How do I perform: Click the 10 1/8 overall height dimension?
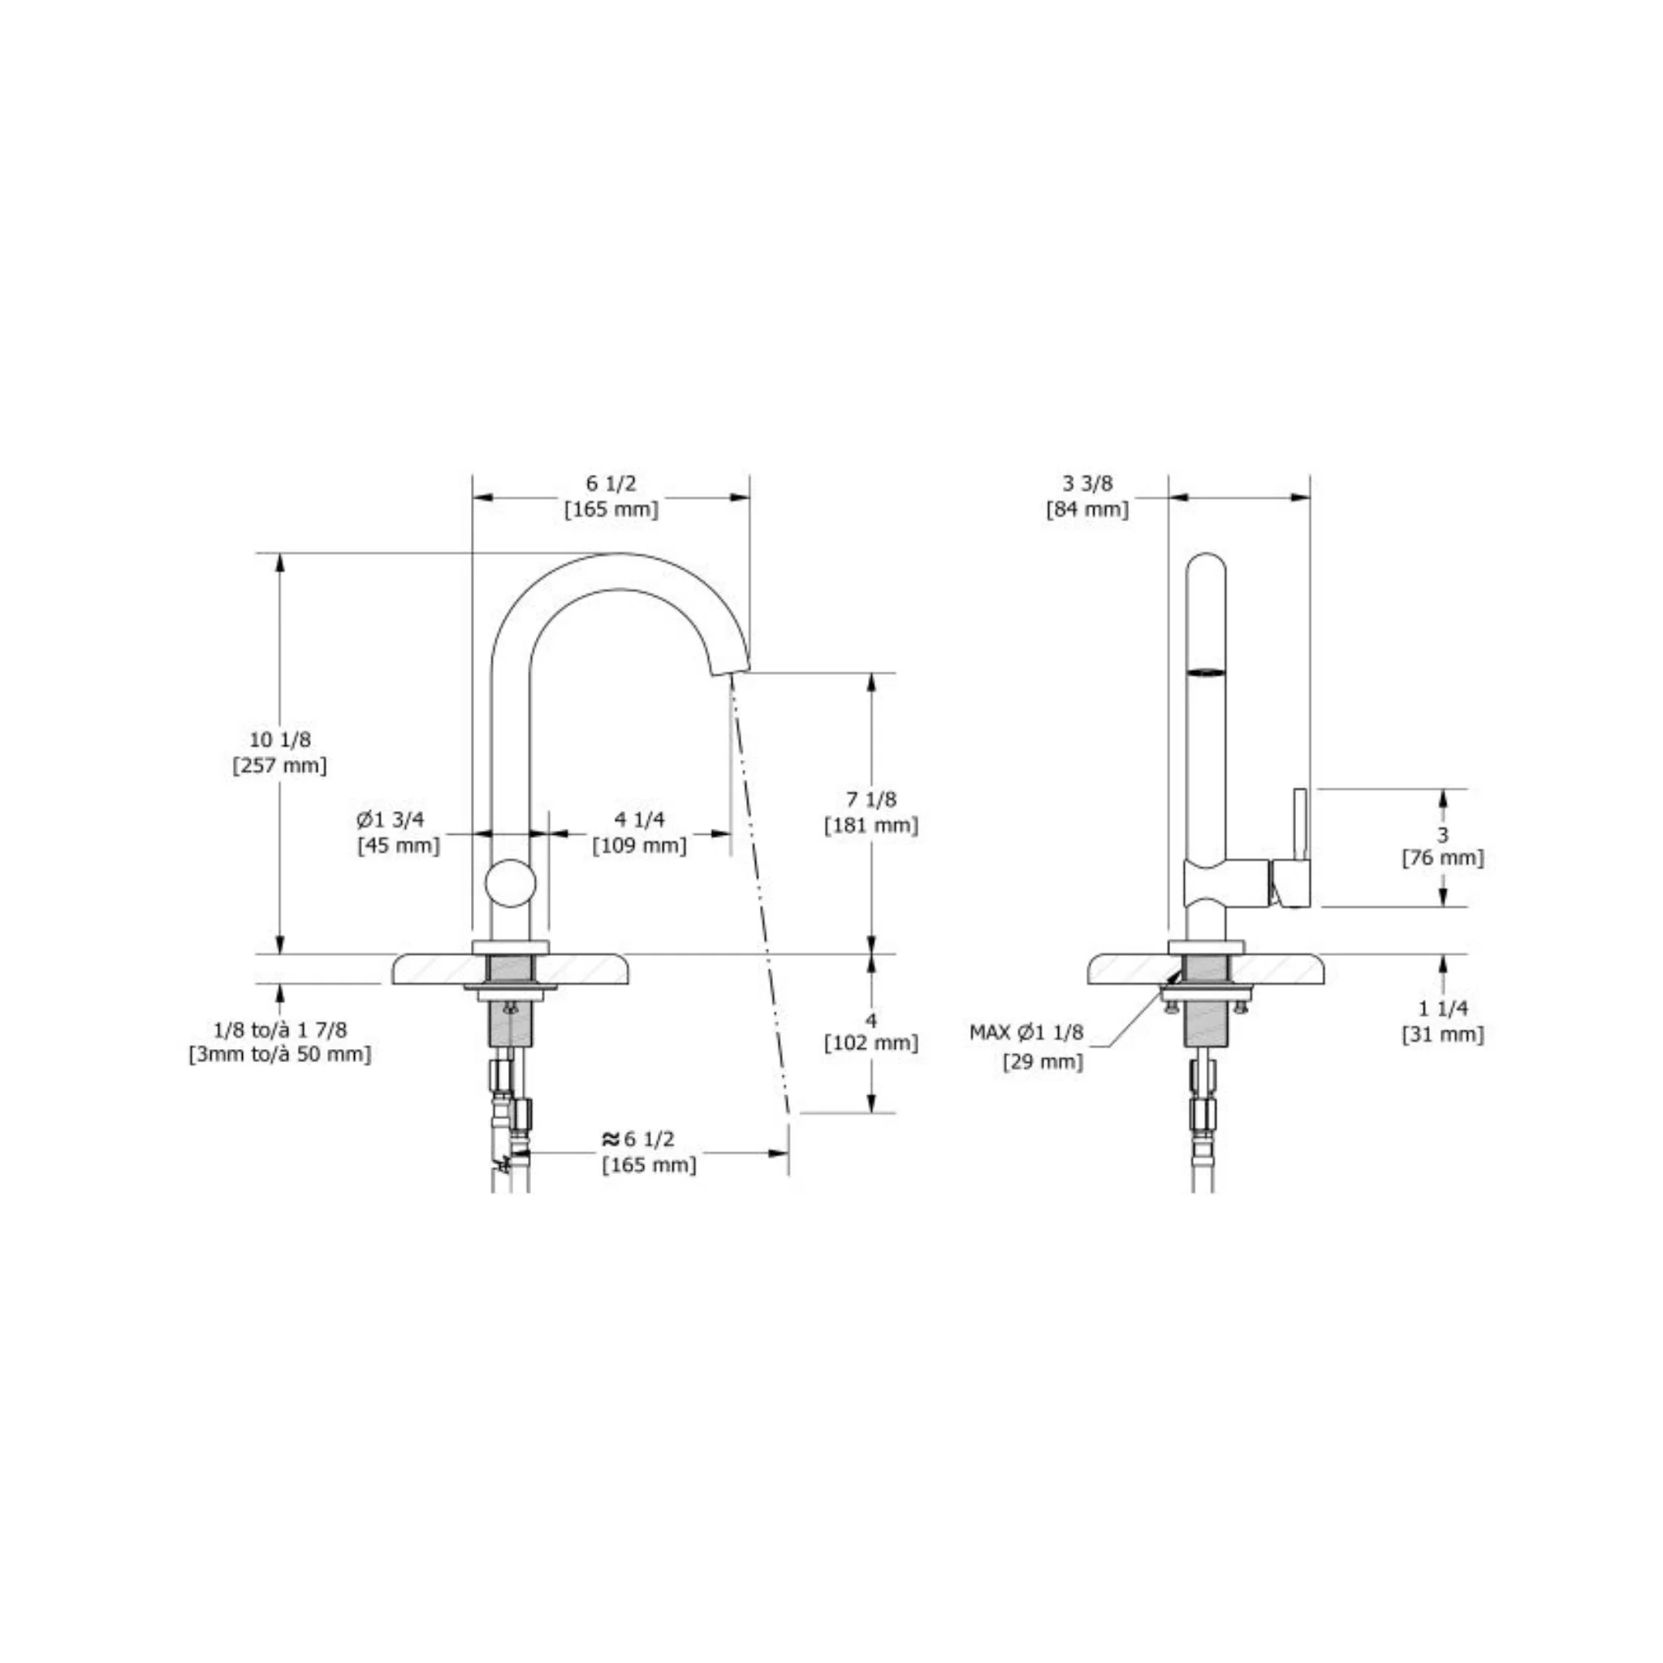280,739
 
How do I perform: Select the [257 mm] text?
280,765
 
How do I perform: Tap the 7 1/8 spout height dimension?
871,799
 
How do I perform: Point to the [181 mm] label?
871,826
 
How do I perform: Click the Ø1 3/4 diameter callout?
391,819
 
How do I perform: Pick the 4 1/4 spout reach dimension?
640,819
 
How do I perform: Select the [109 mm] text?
640,845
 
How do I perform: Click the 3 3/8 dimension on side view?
1088,483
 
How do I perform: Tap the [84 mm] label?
1088,510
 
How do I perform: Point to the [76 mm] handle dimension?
1444,858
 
